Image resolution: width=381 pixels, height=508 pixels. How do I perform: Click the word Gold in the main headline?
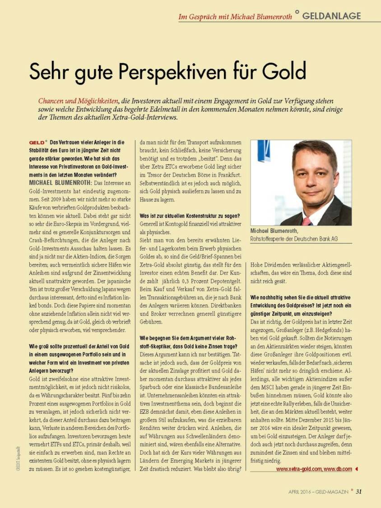tap(283, 72)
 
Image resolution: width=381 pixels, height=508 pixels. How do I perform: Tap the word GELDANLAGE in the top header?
tap(331, 16)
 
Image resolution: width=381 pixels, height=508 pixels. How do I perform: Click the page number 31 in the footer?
tap(358, 491)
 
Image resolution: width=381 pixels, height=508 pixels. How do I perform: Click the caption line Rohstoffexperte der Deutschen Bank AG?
tap(294, 239)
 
